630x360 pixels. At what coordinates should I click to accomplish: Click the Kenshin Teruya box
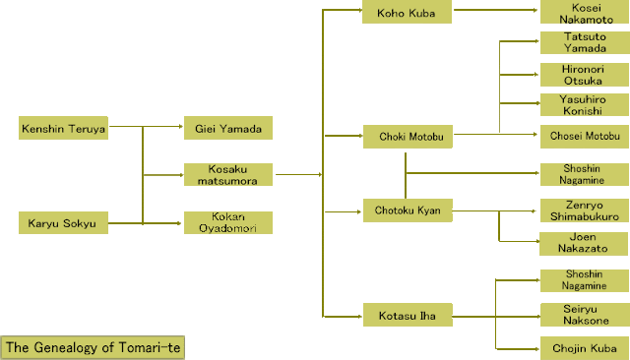(63, 128)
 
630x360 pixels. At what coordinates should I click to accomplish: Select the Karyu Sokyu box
(63, 222)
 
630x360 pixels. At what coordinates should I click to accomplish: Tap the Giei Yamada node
(228, 128)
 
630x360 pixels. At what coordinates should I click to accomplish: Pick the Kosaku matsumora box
(228, 174)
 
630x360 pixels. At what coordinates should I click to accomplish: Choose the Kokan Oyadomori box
(228, 222)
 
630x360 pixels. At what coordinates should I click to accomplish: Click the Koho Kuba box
(407, 12)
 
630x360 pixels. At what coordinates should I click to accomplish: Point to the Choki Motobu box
(408, 137)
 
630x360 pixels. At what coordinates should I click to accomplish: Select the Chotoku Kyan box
(408, 210)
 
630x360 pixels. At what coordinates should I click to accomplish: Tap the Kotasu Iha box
(408, 315)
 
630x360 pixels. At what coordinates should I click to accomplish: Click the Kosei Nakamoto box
(585, 12)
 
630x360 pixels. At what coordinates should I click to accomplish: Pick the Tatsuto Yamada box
(585, 42)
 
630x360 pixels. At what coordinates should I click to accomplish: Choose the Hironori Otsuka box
(585, 75)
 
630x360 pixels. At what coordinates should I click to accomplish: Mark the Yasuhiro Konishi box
(585, 104)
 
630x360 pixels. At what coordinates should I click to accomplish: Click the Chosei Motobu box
(585, 137)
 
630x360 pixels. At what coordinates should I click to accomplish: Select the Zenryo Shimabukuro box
(585, 210)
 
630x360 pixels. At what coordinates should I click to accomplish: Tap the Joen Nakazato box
(584, 244)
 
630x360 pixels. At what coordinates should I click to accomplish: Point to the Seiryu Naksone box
(585, 315)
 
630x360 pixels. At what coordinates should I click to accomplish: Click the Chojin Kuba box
(585, 348)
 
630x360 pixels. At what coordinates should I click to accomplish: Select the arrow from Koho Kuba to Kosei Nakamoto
(496, 10)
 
